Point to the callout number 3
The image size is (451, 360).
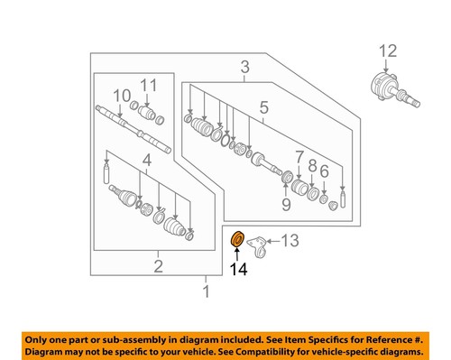point(244,67)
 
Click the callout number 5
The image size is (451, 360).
point(263,110)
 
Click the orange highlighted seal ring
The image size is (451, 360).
point(238,240)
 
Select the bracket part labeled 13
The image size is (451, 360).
point(262,244)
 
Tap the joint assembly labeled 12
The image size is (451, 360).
point(390,88)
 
